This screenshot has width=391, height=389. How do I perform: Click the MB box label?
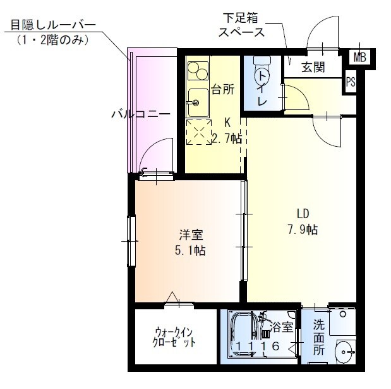tap(359, 58)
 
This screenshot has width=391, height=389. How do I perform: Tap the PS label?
tap(351, 82)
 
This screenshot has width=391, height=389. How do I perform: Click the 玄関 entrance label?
tap(313, 68)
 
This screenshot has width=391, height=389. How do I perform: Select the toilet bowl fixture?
tap(261, 73)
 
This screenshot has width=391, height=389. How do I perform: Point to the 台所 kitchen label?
tap(222, 89)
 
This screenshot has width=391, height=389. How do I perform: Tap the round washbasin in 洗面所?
tap(344, 351)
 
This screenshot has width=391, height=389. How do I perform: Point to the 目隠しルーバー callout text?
tap(52, 25)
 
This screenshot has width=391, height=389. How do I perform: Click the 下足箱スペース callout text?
tap(242, 25)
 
